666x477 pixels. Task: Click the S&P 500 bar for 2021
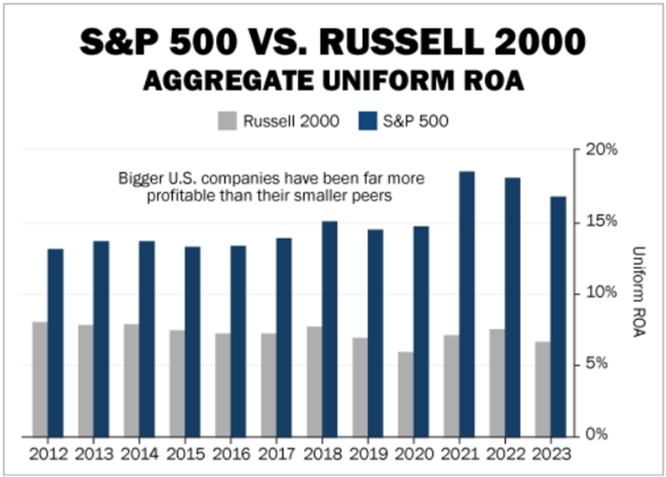coord(467,304)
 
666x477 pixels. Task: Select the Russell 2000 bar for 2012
coord(39,379)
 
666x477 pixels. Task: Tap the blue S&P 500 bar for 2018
coord(330,329)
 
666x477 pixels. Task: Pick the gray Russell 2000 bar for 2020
coord(405,394)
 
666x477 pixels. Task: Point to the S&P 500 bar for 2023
coord(558,316)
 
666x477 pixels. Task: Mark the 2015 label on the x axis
coord(185,452)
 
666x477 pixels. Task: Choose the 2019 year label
coord(368,452)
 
